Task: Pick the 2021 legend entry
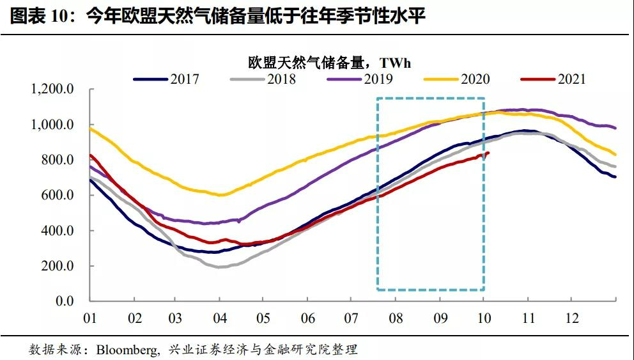click(x=571, y=79)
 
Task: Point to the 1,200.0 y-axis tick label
click(x=52, y=89)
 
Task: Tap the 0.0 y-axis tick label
click(x=65, y=301)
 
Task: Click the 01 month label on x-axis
click(x=89, y=318)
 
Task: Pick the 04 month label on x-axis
click(x=219, y=318)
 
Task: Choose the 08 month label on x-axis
click(x=396, y=318)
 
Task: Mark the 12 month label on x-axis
click(x=571, y=318)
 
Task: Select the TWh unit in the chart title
click(x=396, y=63)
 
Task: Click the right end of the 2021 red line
click(x=489, y=153)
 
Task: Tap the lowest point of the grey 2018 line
click(x=219, y=267)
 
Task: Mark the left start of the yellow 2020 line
click(x=89, y=128)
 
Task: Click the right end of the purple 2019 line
click(x=615, y=128)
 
